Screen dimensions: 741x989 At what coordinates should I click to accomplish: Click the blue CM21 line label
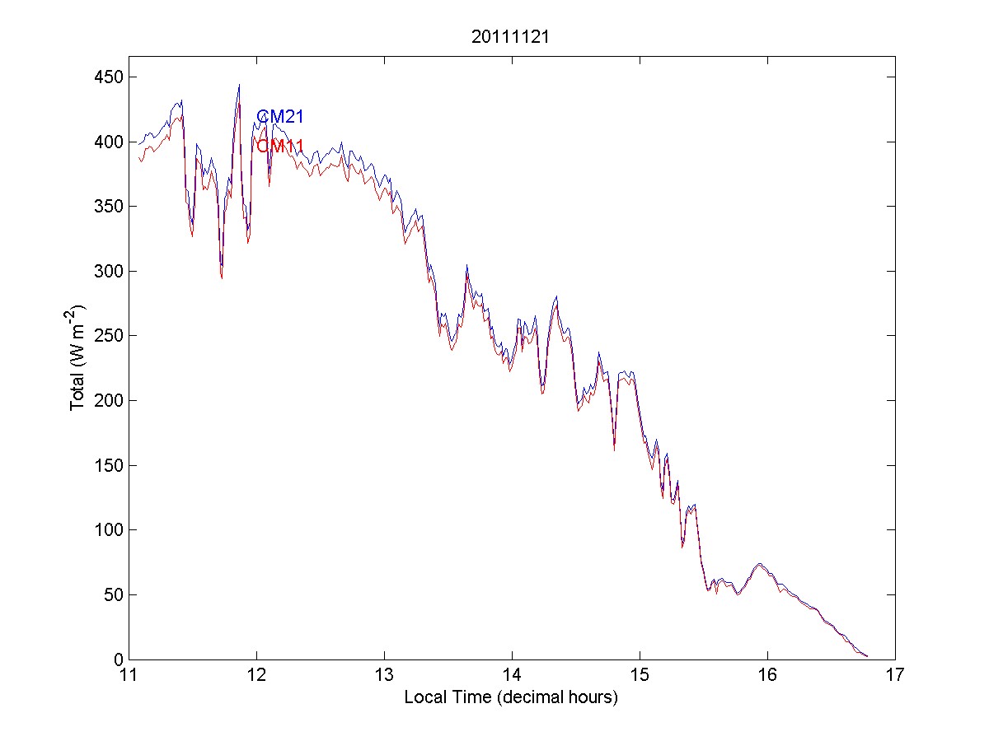click(x=280, y=117)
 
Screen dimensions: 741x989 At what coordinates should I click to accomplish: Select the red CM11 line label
click(x=280, y=147)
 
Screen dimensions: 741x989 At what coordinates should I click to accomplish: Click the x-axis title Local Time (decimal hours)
click(x=511, y=697)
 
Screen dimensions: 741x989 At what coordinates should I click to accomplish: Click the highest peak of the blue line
click(x=239, y=84)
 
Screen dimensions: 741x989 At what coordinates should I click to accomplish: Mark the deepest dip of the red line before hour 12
click(x=222, y=278)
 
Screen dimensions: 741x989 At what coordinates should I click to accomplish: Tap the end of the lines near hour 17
click(x=867, y=656)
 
